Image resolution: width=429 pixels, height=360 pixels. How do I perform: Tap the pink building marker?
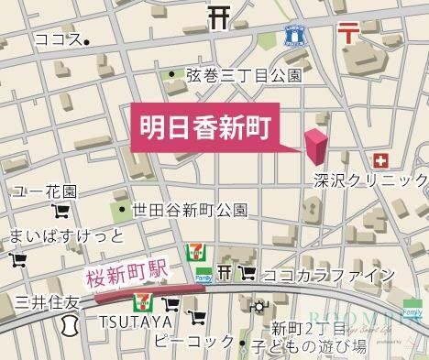point(316,145)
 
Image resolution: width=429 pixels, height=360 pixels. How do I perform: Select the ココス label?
point(58,39)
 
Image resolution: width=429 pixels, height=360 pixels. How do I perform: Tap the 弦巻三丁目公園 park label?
point(242,76)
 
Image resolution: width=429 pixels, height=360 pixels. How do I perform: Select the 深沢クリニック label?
point(369,180)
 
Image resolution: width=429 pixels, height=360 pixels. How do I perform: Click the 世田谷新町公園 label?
point(189,210)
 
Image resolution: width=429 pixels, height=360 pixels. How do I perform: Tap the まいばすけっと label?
point(65,236)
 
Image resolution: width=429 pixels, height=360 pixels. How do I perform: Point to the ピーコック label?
point(194,342)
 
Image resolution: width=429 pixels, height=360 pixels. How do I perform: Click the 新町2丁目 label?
point(306,329)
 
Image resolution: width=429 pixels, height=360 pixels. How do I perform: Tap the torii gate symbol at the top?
point(218,16)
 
